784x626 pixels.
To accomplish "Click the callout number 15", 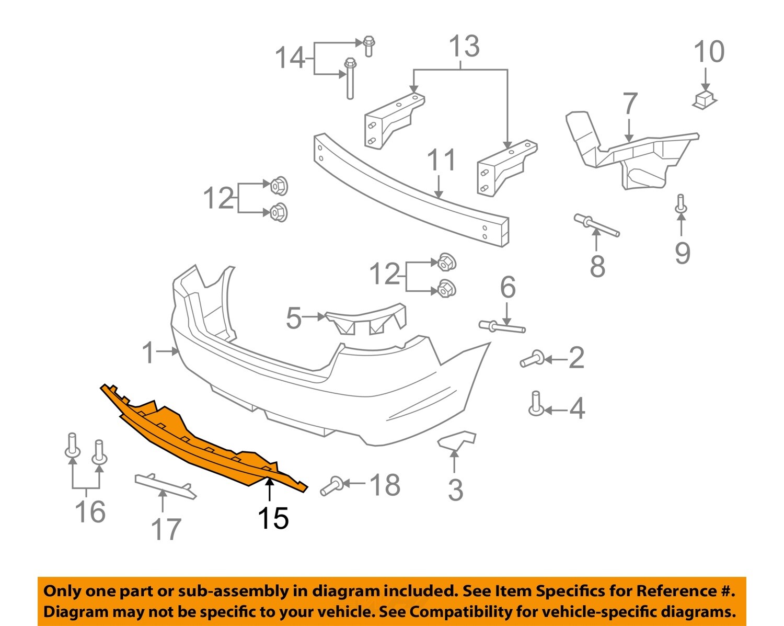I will pos(273,518).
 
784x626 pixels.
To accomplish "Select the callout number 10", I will pos(709,52).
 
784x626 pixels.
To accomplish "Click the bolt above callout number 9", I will pos(681,203).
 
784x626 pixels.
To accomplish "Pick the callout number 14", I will pos(290,58).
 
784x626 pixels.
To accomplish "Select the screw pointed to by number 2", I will pos(532,360).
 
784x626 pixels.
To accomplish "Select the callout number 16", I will pos(90,511).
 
